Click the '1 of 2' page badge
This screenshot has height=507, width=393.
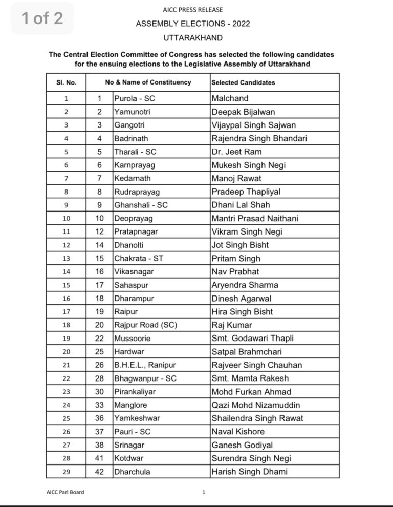tap(42, 18)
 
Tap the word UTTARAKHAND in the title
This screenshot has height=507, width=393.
tap(193, 38)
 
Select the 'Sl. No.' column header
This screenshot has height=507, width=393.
tap(67, 82)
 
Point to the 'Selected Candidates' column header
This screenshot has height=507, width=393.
tap(243, 82)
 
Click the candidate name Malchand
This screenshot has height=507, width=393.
tap(230, 98)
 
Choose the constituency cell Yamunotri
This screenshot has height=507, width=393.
tap(134, 112)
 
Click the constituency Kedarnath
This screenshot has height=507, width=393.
tap(133, 178)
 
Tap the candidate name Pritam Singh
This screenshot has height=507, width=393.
tap(236, 258)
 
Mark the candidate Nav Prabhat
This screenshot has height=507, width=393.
tap(235, 271)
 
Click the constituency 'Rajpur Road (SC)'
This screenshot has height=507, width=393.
tap(142, 325)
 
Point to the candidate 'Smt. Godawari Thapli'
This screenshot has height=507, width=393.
tap(253, 338)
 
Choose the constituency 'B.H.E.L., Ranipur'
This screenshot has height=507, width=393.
tap(144, 365)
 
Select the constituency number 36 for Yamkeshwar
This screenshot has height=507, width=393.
tap(100, 418)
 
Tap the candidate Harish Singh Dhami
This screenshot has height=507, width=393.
tap(250, 471)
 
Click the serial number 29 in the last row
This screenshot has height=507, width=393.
tap(67, 471)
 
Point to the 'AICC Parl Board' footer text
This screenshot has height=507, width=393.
tap(65, 492)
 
